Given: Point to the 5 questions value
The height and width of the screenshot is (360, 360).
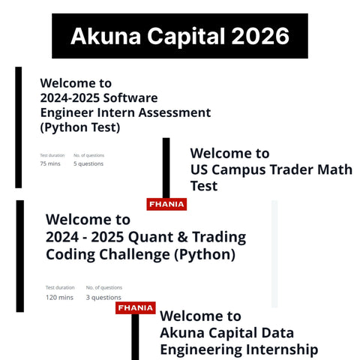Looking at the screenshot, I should (88, 163).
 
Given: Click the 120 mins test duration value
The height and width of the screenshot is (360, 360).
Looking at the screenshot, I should (60, 297).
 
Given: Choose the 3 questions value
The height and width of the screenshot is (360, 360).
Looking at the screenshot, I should (104, 297).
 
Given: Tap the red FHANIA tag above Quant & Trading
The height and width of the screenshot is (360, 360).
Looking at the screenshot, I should (166, 204).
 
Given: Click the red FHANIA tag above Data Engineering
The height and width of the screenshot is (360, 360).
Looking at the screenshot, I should (135, 307).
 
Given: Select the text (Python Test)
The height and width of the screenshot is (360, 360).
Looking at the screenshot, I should (80, 127).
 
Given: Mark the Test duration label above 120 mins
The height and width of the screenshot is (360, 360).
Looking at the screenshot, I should (60, 287).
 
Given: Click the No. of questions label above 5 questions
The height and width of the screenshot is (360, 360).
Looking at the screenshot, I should (88, 155).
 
